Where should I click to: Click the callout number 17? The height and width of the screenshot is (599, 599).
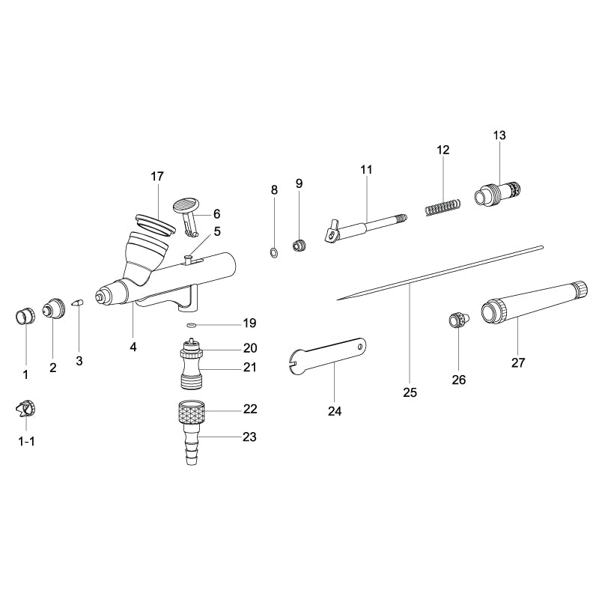click(156, 177)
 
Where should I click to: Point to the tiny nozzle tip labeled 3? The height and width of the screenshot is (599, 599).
click(78, 302)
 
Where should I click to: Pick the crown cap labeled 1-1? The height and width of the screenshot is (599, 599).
click(26, 409)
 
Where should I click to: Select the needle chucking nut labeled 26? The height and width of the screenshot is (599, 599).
click(456, 320)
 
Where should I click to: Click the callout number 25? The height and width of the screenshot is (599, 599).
click(410, 392)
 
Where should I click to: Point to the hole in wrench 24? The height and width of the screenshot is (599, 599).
click(360, 346)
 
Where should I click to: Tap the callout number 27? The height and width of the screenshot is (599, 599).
click(518, 362)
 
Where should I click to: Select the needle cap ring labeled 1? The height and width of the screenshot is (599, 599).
click(25, 315)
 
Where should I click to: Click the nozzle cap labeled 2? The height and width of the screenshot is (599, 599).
click(53, 308)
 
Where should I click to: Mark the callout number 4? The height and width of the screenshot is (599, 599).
click(133, 347)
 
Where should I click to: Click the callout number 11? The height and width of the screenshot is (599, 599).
click(366, 169)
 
